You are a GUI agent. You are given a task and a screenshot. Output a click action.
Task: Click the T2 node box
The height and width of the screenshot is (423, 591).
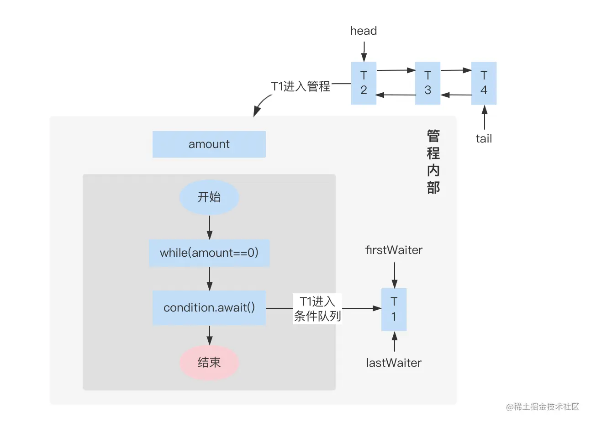tap(364, 83)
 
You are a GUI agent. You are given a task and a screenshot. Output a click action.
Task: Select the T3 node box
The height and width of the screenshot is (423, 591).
tap(427, 83)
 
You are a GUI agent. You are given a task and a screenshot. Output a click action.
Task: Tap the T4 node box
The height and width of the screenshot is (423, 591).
tap(484, 83)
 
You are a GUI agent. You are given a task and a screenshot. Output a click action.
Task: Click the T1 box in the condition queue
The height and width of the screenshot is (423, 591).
tap(394, 309)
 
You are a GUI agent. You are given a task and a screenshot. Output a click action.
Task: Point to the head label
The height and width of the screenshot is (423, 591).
tap(364, 31)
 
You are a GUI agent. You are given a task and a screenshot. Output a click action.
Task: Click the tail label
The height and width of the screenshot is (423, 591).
tap(484, 138)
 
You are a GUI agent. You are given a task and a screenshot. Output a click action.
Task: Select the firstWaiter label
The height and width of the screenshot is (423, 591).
tap(394, 250)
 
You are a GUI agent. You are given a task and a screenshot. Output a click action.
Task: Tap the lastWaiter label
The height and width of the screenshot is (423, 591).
tap(394, 363)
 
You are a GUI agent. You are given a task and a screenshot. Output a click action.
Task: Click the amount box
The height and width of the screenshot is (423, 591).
tap(209, 144)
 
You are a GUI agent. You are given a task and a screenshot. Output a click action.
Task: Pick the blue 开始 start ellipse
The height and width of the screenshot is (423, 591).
tap(209, 197)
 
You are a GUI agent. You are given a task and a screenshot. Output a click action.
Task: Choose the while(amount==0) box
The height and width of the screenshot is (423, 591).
tap(209, 253)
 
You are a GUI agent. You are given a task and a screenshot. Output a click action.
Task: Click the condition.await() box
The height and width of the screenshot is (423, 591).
tap(209, 307)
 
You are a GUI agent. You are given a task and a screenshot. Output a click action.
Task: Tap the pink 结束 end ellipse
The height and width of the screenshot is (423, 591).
tap(209, 362)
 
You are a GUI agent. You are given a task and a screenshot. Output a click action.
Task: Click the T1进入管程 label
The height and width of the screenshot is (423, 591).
tap(301, 86)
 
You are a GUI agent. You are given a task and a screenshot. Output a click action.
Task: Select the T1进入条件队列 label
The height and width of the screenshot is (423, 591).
tap(317, 309)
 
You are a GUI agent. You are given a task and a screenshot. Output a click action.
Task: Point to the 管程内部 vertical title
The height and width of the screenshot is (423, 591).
tap(433, 162)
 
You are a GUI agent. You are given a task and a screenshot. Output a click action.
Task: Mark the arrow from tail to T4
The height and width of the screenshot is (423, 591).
tap(484, 117)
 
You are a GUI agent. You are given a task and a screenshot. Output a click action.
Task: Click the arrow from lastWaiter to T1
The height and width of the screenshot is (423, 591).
tap(395, 342)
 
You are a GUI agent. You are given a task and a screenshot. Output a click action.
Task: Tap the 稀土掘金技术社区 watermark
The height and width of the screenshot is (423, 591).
tap(543, 407)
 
